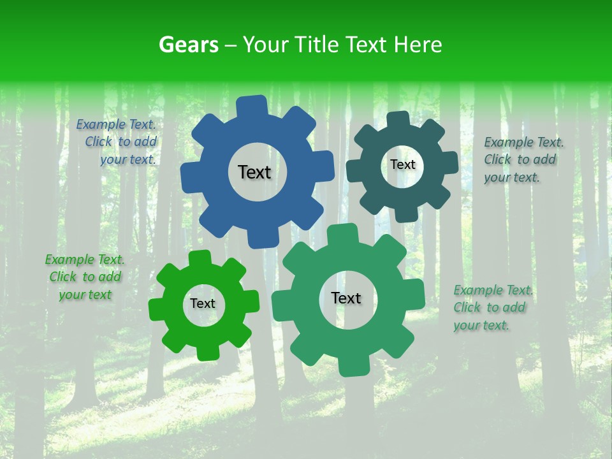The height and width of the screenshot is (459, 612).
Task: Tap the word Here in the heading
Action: (418, 45)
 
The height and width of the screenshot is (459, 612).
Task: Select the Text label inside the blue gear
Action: (254, 172)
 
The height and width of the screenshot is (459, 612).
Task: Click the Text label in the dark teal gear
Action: (402, 164)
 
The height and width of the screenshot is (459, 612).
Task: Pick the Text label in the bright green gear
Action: (203, 304)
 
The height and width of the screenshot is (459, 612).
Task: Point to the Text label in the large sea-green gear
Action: (346, 298)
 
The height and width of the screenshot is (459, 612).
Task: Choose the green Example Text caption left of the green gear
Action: (85, 277)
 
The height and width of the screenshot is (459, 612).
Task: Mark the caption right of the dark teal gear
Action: (523, 159)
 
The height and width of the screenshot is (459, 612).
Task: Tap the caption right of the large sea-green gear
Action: (492, 307)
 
